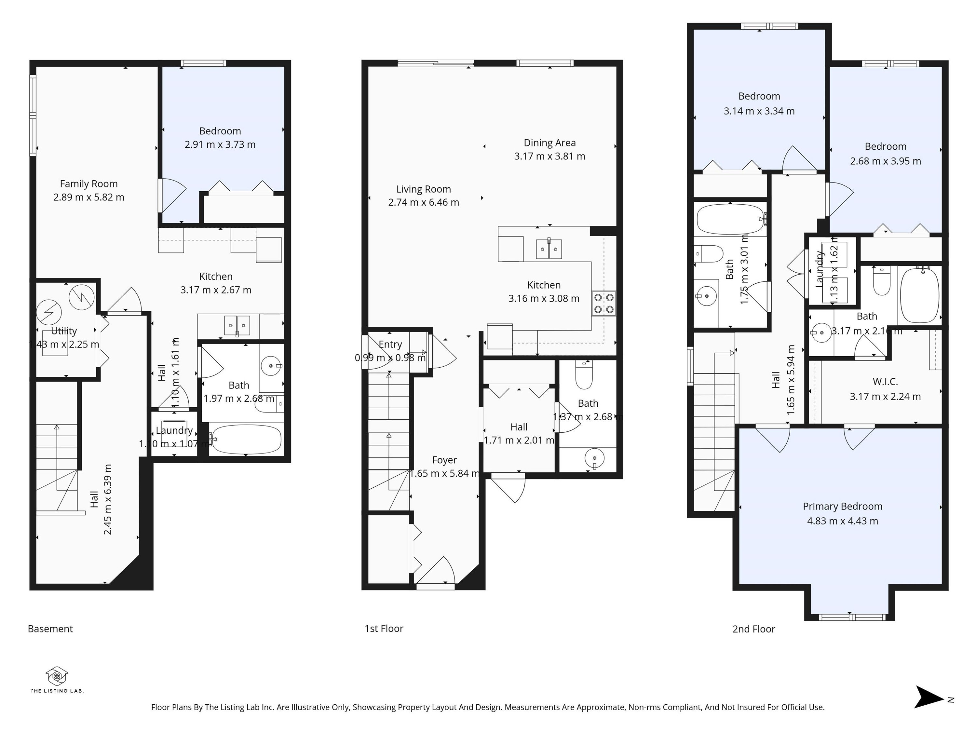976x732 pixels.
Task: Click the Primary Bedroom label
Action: (842, 506)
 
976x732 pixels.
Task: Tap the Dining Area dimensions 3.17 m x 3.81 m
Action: (549, 156)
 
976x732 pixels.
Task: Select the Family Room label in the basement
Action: (89, 183)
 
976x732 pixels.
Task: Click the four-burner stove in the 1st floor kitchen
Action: (603, 303)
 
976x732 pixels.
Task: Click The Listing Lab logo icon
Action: (57, 675)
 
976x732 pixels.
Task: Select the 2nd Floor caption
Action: (753, 629)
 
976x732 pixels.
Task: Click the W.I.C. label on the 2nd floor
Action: (885, 382)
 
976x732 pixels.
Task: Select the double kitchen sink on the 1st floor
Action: (549, 249)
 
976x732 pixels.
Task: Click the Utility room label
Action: (64, 331)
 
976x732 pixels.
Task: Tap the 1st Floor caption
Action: (384, 629)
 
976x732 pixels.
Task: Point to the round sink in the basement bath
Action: (270, 365)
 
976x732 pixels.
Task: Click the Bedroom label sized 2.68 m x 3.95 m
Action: (885, 146)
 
